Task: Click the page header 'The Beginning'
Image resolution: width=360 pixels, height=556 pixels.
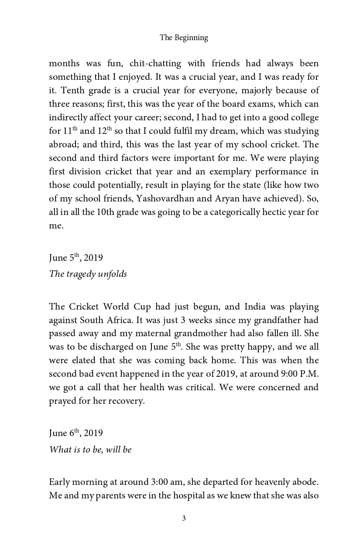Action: click(184, 38)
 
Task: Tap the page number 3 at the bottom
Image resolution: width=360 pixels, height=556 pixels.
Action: click(184, 518)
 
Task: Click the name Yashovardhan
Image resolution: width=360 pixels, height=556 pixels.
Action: click(163, 198)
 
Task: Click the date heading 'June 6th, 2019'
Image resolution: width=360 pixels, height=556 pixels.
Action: click(76, 433)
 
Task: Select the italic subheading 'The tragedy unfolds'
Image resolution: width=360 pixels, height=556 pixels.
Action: click(88, 274)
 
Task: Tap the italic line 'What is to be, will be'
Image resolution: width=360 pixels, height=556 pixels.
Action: click(90, 450)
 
